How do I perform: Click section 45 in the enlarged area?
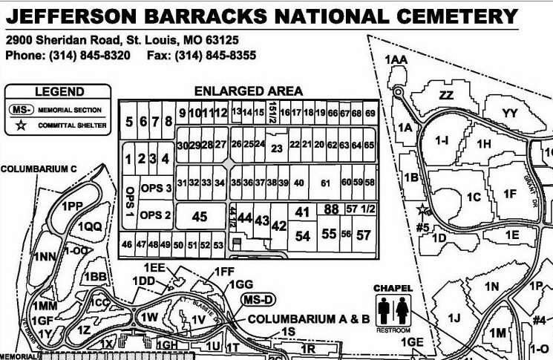click(x=199, y=217)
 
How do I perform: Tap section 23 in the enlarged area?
click(x=276, y=148)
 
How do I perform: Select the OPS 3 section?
click(x=156, y=188)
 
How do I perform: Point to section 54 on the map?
click(x=302, y=236)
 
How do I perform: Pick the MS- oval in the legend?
click(x=22, y=110)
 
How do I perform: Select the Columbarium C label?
click(x=39, y=168)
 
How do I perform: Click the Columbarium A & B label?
click(x=308, y=319)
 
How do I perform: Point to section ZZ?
click(x=445, y=95)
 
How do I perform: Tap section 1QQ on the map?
click(x=88, y=226)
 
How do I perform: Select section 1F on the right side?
click(x=510, y=194)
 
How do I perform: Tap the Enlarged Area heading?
click(x=248, y=91)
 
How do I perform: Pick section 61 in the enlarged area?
click(x=324, y=183)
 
